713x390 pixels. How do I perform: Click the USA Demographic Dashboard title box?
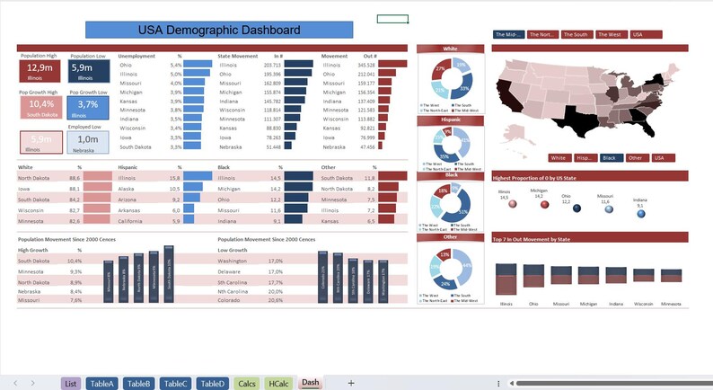click(218, 31)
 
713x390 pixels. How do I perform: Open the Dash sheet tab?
click(310, 383)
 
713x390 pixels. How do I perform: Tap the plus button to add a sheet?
click(351, 383)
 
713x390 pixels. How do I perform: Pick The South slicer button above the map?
click(577, 34)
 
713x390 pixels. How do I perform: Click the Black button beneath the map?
click(611, 157)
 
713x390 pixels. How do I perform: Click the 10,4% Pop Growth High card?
click(40, 106)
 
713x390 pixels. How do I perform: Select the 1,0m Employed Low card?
click(88, 140)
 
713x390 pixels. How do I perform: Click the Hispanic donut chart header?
click(451, 119)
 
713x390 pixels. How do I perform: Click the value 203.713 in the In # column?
click(272, 66)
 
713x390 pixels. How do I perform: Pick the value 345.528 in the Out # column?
click(365, 66)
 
